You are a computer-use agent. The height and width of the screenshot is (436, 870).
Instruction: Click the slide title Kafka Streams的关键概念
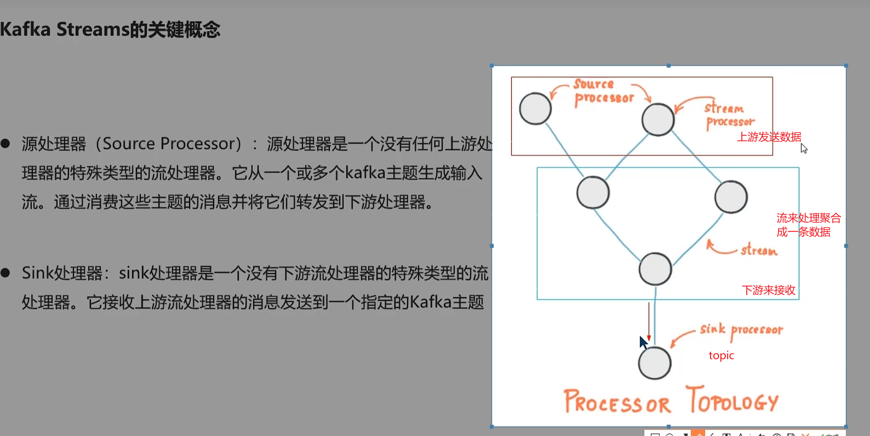110,30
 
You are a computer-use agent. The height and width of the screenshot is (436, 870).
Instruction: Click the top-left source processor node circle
535,109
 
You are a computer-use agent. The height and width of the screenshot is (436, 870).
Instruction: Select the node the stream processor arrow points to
658,120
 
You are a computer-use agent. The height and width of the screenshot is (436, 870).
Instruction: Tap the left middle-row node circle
593,193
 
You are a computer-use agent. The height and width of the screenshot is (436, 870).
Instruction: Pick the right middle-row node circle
731,197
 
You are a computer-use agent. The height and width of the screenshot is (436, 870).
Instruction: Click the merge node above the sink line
655,269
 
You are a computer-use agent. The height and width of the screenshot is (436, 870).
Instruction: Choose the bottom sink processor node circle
655,363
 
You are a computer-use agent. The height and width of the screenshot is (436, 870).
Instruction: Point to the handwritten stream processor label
729,116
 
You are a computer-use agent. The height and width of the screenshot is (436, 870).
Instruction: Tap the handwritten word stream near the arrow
758,250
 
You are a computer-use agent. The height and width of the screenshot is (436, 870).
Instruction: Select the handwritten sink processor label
741,330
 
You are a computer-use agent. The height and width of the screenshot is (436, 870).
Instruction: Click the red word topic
721,355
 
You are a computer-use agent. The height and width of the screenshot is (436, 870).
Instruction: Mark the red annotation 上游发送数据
769,137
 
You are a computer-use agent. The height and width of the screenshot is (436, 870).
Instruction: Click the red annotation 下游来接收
768,290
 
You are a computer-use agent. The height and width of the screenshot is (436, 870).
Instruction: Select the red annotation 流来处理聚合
809,218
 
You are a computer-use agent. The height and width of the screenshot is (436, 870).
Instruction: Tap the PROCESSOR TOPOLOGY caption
671,401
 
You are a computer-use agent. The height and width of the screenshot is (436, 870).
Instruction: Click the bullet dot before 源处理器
5,143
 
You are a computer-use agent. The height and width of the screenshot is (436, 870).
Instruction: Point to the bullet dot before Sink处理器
5,273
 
